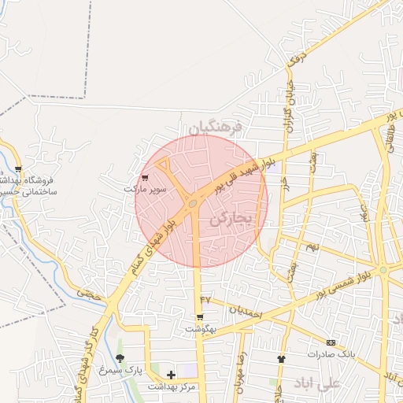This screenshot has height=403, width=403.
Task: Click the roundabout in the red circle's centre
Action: click(x=193, y=205)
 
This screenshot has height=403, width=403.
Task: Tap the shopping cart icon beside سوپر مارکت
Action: click(x=145, y=177)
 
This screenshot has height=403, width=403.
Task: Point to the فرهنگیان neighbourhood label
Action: click(x=217, y=126)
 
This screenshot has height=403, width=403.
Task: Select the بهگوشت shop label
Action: click(x=201, y=329)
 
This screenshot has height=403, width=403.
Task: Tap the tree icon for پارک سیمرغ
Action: click(x=120, y=359)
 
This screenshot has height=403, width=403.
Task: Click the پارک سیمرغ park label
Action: click(x=115, y=369)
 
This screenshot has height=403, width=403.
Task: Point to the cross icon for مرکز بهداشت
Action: click(x=171, y=374)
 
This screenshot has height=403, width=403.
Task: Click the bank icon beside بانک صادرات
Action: click(x=331, y=342)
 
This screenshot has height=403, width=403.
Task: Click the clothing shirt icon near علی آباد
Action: click(x=281, y=359)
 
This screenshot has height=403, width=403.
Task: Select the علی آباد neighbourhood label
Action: click(x=316, y=383)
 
